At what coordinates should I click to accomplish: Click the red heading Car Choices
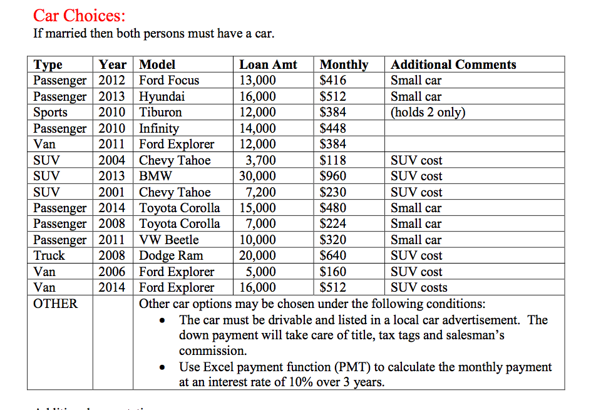pos(79,14)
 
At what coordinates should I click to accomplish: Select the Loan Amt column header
pos(268,64)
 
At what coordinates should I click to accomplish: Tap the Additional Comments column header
pos(453,64)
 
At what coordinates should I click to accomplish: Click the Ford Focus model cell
pos(169,80)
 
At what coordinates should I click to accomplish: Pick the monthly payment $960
pos(333,176)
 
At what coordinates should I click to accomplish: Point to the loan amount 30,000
pos(257,176)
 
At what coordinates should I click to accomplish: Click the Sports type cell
pos(51,112)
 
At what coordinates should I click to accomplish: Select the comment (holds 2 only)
pos(428,112)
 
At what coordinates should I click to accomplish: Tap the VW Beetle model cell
pos(169,240)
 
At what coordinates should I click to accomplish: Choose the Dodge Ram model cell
pos(171,255)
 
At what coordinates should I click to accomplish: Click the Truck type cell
pos(49,255)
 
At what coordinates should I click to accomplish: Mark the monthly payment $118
pos(333,160)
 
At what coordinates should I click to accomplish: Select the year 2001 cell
pos(112,192)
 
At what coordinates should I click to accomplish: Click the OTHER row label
pos(56,304)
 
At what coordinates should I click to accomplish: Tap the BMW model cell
pos(155,176)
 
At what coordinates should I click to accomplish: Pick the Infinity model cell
pos(159,128)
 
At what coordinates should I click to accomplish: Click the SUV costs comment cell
pos(419,287)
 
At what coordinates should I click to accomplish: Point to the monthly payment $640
pos(333,255)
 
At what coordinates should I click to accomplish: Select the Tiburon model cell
pos(161,112)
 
